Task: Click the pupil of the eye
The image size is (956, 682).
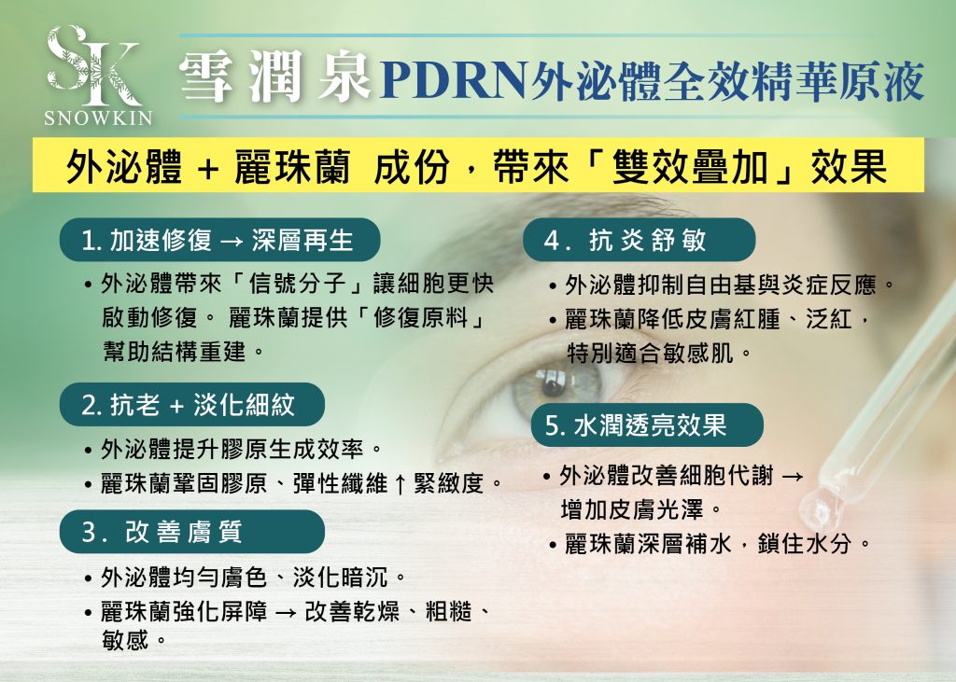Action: pyautogui.click(x=553, y=380)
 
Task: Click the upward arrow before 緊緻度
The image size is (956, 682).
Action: pyautogui.click(x=400, y=484)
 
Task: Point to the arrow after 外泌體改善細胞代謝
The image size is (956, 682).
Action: pyautogui.click(x=790, y=477)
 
